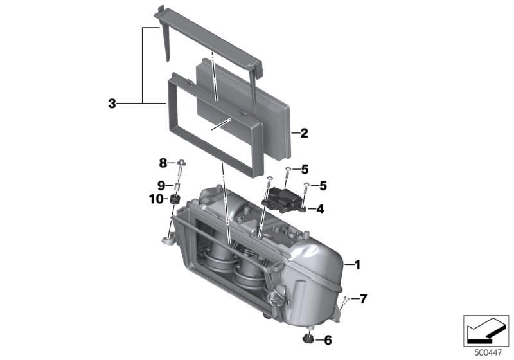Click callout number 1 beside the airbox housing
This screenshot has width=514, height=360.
click(x=357, y=265)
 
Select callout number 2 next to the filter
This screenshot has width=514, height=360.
click(x=304, y=133)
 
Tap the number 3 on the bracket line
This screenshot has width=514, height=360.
click(x=112, y=104)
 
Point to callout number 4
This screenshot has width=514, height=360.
click(x=320, y=209)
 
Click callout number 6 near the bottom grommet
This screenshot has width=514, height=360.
click(x=328, y=340)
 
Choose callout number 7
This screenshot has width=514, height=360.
click(x=363, y=299)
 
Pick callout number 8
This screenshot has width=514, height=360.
click(x=163, y=163)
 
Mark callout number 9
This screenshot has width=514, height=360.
click(x=161, y=186)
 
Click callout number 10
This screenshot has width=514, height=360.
click(x=155, y=199)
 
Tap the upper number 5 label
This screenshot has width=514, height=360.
click(x=305, y=170)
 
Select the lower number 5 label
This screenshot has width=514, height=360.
click(x=323, y=186)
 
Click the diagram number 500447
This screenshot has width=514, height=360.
click(x=488, y=353)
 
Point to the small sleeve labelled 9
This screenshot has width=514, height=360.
click(x=177, y=188)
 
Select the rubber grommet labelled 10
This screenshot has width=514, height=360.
click(x=174, y=199)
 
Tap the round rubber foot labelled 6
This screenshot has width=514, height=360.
click(x=308, y=339)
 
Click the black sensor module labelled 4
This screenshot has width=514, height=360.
click(x=283, y=200)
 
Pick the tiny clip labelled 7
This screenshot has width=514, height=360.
click(x=346, y=300)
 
